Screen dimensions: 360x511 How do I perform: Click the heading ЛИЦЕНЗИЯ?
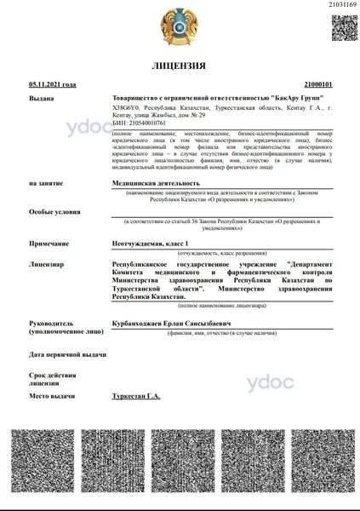179,66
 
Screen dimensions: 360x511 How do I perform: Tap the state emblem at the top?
179,28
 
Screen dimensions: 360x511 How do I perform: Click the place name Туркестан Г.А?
136,397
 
